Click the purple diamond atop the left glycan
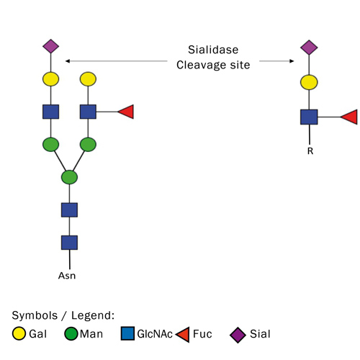pyautogui.click(x=50, y=47)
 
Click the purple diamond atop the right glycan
pyautogui.click(x=309, y=47)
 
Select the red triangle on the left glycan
pyautogui.click(x=125, y=112)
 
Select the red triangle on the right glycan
pyautogui.click(x=348, y=117)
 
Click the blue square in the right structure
pyautogui.click(x=309, y=117)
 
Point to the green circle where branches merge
pyautogui.click(x=69, y=176)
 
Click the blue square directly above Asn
pyautogui.click(x=69, y=242)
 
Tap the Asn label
pyautogui.click(x=68, y=275)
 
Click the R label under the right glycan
pyautogui.click(x=310, y=152)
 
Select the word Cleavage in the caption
pyautogui.click(x=195, y=65)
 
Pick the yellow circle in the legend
pyautogui.click(x=20, y=334)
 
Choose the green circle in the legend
pyautogui.click(x=71, y=334)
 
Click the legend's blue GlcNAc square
pyautogui.click(x=127, y=334)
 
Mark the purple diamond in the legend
pyautogui.click(x=237, y=334)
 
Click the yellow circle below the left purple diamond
pyautogui.click(x=50, y=79)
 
